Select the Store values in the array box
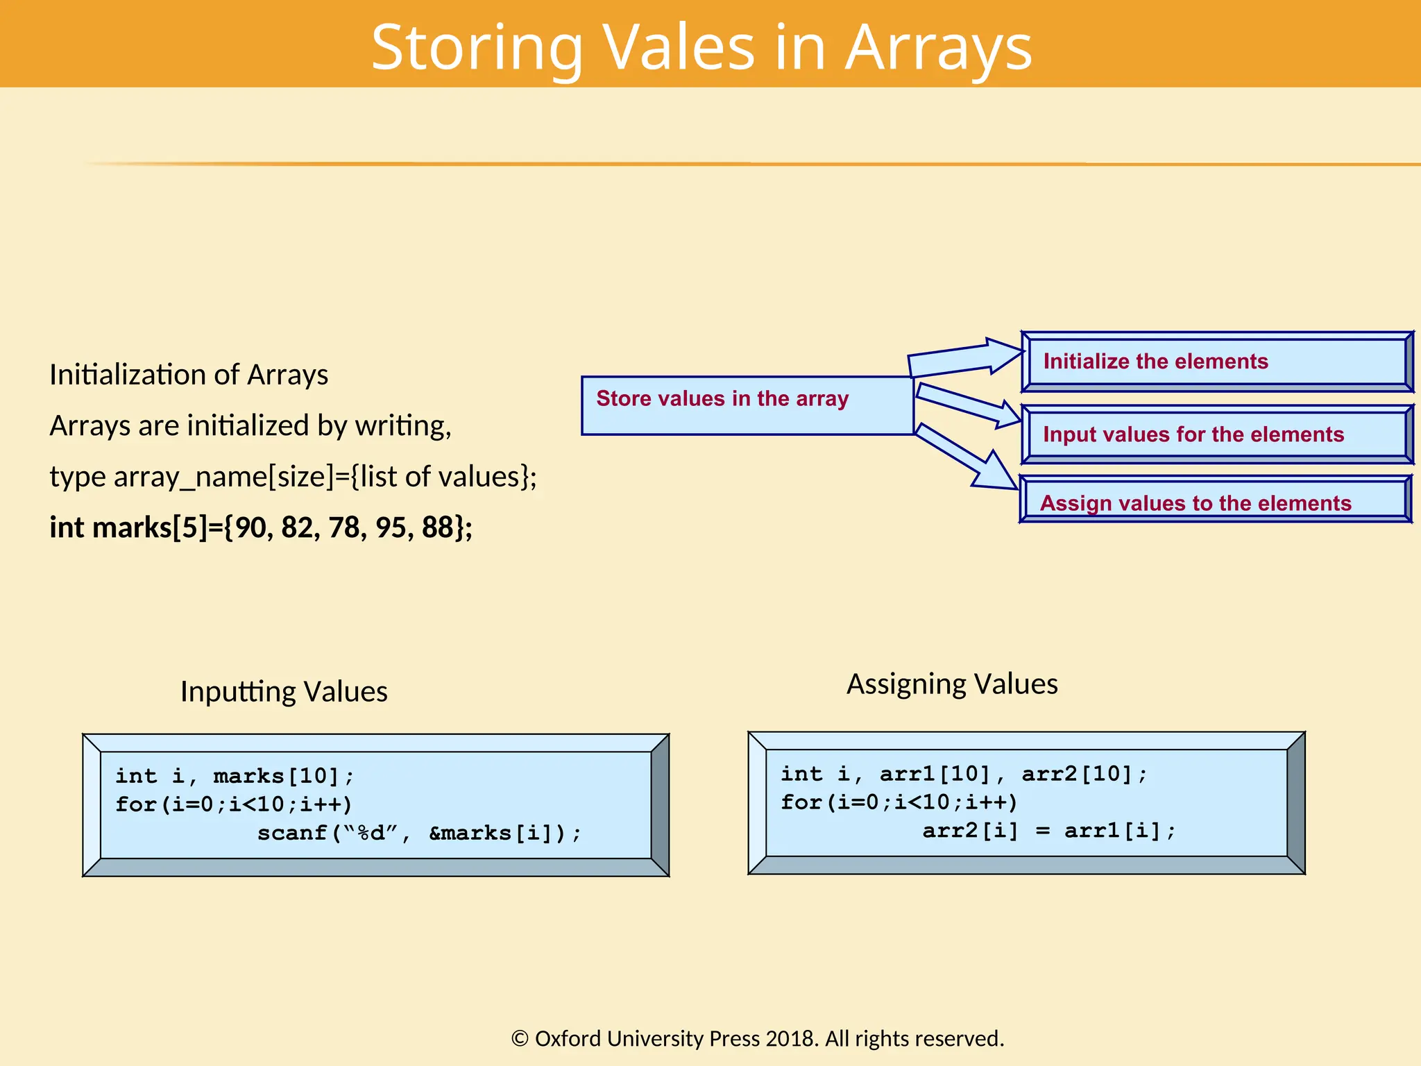tap(747, 406)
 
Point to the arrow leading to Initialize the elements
tap(964, 358)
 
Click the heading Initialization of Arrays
tap(189, 375)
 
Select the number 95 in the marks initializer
tap(390, 527)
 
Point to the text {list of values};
tap(444, 477)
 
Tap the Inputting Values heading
tap(284, 691)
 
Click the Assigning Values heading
tap(952, 684)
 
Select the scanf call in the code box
tap(419, 832)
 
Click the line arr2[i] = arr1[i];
tap(1048, 830)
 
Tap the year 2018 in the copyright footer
tap(790, 1038)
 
